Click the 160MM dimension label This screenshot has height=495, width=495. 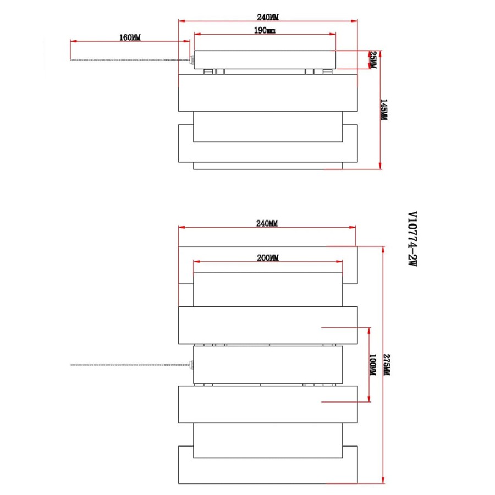[130, 37]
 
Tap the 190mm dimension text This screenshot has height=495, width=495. [265, 30]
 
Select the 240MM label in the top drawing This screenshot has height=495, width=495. [268, 17]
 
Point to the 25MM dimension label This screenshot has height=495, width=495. [373, 60]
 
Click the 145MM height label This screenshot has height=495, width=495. [383, 109]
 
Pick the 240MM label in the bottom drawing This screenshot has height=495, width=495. [267, 223]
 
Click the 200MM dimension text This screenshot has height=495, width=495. [268, 257]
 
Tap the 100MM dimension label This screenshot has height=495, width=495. [372, 365]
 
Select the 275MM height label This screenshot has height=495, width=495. [387, 365]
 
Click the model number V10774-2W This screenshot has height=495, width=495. [413, 239]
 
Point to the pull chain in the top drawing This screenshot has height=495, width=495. [129, 59]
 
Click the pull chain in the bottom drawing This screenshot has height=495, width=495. [129, 365]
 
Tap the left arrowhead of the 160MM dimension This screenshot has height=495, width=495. [74, 41]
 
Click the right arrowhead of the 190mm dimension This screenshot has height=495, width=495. [332, 34]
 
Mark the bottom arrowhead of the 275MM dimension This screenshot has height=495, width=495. [383, 480]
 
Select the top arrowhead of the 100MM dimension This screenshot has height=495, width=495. [370, 331]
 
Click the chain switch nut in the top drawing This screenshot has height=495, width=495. [192, 59]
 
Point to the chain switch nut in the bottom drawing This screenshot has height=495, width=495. [191, 365]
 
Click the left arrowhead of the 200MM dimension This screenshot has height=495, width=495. [197, 262]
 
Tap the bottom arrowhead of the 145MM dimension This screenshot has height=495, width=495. [381, 166]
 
